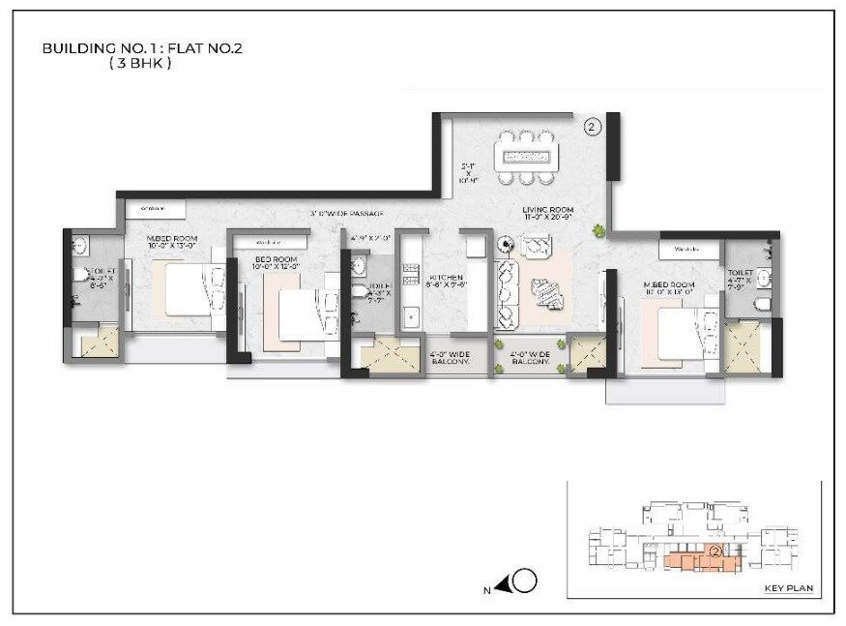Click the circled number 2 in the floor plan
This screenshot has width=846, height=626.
[x=593, y=126]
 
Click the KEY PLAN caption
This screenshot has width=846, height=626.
[x=784, y=587]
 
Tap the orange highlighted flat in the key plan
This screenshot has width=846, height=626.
[x=696, y=559]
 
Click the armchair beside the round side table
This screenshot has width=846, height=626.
[x=535, y=247]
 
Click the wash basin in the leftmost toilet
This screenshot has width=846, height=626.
[x=78, y=245]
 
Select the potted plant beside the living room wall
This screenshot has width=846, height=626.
[x=599, y=229]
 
